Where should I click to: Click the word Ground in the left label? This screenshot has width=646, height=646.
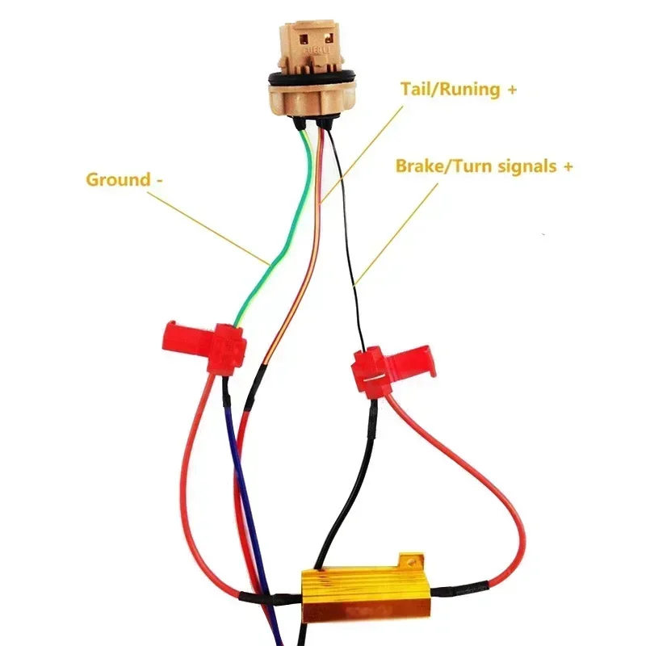click(117, 179)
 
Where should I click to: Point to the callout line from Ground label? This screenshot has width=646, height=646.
click(210, 226)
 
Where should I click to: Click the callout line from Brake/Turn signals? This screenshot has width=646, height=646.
click(396, 234)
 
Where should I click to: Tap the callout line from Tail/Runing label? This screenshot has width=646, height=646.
click(363, 145)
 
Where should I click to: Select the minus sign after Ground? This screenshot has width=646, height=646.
click(158, 180)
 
